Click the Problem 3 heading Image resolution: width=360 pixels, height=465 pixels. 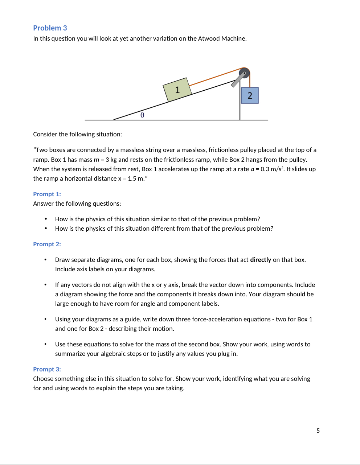[x=50, y=28]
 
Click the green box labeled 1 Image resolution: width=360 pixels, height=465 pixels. [x=177, y=90]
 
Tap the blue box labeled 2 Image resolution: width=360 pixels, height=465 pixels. [x=250, y=95]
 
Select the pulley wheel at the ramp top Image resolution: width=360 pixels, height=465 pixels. [x=245, y=73]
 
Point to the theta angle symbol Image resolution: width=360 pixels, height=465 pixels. [x=142, y=115]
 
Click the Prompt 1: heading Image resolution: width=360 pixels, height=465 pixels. [x=47, y=194]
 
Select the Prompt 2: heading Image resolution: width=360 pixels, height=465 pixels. [x=47, y=244]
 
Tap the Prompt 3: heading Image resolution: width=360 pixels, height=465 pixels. [x=47, y=369]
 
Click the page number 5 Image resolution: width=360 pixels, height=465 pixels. [x=318, y=431]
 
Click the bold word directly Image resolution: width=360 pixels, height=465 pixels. [x=261, y=260]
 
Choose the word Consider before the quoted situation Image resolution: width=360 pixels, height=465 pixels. [x=45, y=134]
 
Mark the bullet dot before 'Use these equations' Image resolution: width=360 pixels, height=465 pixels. [x=46, y=344]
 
